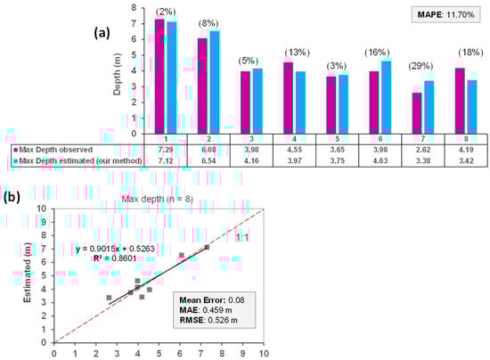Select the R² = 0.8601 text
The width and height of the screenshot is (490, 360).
point(105,260)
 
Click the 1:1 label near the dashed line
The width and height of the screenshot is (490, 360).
point(241,235)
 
